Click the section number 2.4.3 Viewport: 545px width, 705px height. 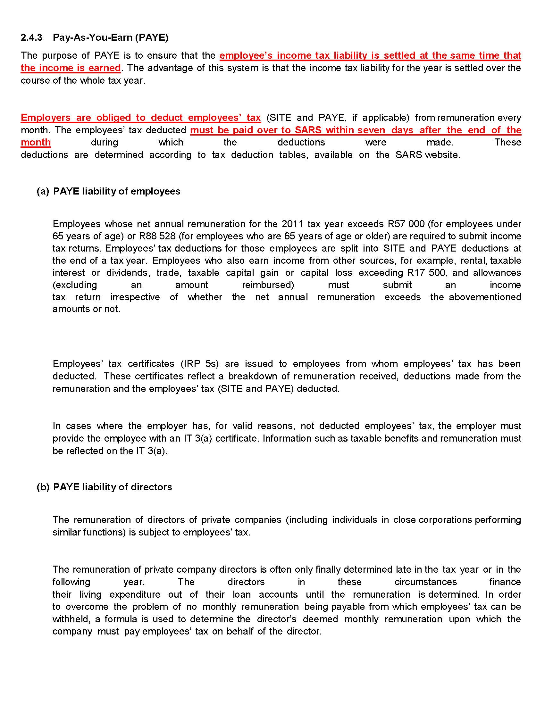pos(31,37)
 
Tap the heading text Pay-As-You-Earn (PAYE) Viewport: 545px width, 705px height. pos(110,37)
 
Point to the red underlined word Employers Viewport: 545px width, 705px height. pos(46,118)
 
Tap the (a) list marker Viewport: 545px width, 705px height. pos(43,191)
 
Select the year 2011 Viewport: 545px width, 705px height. pos(292,224)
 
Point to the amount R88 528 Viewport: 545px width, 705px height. pos(157,236)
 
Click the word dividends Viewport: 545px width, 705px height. pos(128,273)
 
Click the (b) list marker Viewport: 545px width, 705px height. pos(43,487)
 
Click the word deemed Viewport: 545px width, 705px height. pos(320,619)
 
